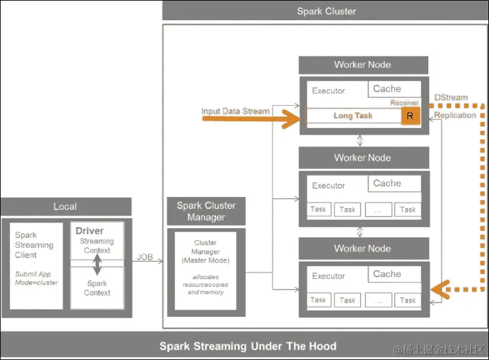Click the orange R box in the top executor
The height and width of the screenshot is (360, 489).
click(x=410, y=116)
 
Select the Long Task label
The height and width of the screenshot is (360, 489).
click(x=353, y=116)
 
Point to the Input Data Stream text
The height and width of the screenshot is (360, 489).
click(x=235, y=112)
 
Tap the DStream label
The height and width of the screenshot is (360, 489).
click(x=451, y=98)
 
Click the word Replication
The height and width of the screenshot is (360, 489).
click(x=455, y=115)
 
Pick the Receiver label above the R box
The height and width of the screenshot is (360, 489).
click(x=404, y=103)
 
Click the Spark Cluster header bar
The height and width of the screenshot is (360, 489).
click(x=326, y=11)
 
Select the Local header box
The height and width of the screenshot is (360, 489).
click(x=65, y=207)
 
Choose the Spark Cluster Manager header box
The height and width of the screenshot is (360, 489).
click(x=206, y=211)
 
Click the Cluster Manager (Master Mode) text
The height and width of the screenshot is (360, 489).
click(x=206, y=252)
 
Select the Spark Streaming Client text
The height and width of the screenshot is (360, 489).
click(x=34, y=245)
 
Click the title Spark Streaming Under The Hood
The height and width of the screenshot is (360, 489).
click(x=248, y=346)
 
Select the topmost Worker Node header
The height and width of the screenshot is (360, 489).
click(x=363, y=65)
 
